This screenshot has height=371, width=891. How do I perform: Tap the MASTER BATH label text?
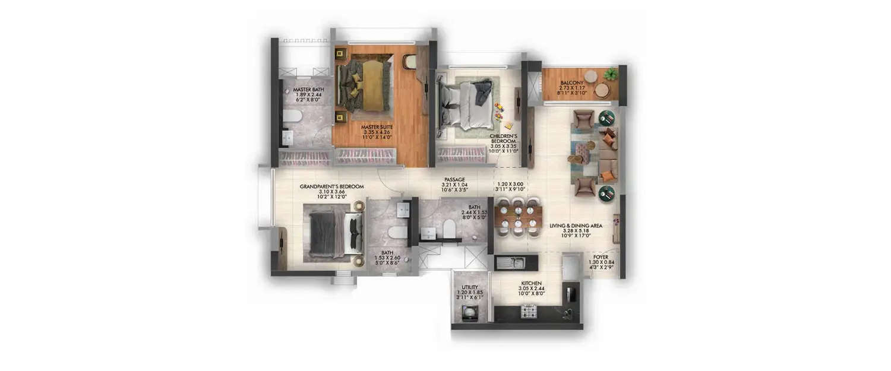308,90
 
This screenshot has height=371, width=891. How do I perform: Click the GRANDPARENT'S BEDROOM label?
331,186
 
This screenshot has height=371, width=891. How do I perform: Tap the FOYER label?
601,257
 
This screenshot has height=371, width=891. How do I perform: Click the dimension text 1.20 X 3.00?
510,185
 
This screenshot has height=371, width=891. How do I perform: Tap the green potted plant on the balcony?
611,74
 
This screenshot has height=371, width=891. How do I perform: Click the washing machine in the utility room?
470,312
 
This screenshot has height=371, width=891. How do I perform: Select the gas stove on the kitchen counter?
529,311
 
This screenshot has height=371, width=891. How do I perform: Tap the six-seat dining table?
518,217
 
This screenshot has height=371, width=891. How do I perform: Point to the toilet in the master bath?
290,116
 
